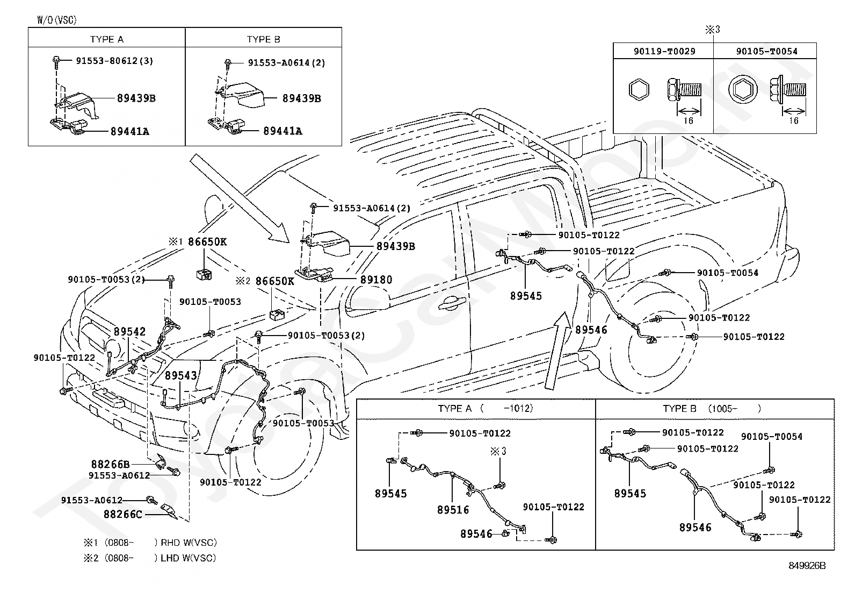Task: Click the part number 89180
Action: point(376,280)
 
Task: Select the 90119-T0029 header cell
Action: point(664,51)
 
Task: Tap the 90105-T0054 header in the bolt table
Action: point(767,51)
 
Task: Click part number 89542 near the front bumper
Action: point(130,331)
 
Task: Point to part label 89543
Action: point(181,375)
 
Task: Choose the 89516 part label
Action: point(453,510)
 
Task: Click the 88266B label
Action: point(110,464)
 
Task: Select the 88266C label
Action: point(123,514)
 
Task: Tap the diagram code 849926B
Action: point(807,565)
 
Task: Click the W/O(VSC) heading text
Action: point(57,20)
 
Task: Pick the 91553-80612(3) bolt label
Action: point(114,61)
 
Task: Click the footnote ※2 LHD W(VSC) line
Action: point(150,558)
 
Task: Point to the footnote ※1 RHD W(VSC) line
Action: point(150,542)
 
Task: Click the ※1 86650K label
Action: point(198,241)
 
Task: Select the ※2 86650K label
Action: point(265,281)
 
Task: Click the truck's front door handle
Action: point(452,303)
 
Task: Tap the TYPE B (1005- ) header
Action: point(712,409)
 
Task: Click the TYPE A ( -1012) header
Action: point(486,408)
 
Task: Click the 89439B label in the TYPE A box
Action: point(136,98)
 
